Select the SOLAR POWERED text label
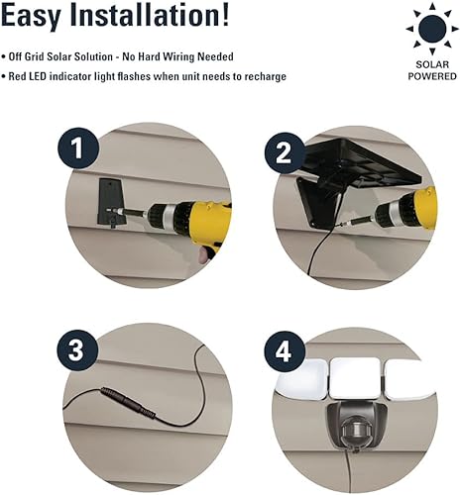pos(430,68)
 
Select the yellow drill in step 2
pos(406,208)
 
